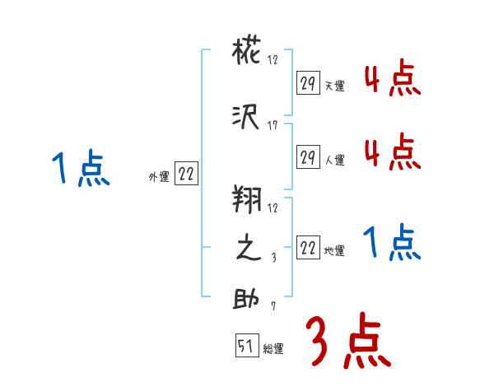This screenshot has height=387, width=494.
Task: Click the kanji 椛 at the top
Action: pyautogui.click(x=247, y=55)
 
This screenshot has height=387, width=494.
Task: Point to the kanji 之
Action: pyautogui.click(x=247, y=249)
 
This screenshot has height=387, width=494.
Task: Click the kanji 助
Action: pyautogui.click(x=247, y=298)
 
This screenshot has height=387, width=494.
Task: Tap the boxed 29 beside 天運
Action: pyautogui.click(x=307, y=83)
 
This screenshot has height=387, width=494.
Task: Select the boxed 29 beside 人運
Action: pyautogui.click(x=307, y=156)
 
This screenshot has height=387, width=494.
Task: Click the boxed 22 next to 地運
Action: pyautogui.click(x=307, y=247)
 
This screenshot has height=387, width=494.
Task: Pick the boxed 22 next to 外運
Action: pyautogui.click(x=185, y=174)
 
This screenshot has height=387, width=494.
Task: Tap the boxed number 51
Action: pyautogui.click(x=245, y=346)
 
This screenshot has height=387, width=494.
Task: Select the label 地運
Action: pyautogui.click(x=334, y=250)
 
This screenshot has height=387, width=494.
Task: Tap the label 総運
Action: pyautogui.click(x=273, y=349)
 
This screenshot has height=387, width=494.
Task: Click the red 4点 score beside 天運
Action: pyautogui.click(x=392, y=80)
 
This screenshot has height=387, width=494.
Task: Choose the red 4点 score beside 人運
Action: pyautogui.click(x=392, y=152)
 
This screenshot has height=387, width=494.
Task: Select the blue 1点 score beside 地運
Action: pyautogui.click(x=392, y=243)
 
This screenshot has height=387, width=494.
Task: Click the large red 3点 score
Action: pyautogui.click(x=347, y=340)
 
